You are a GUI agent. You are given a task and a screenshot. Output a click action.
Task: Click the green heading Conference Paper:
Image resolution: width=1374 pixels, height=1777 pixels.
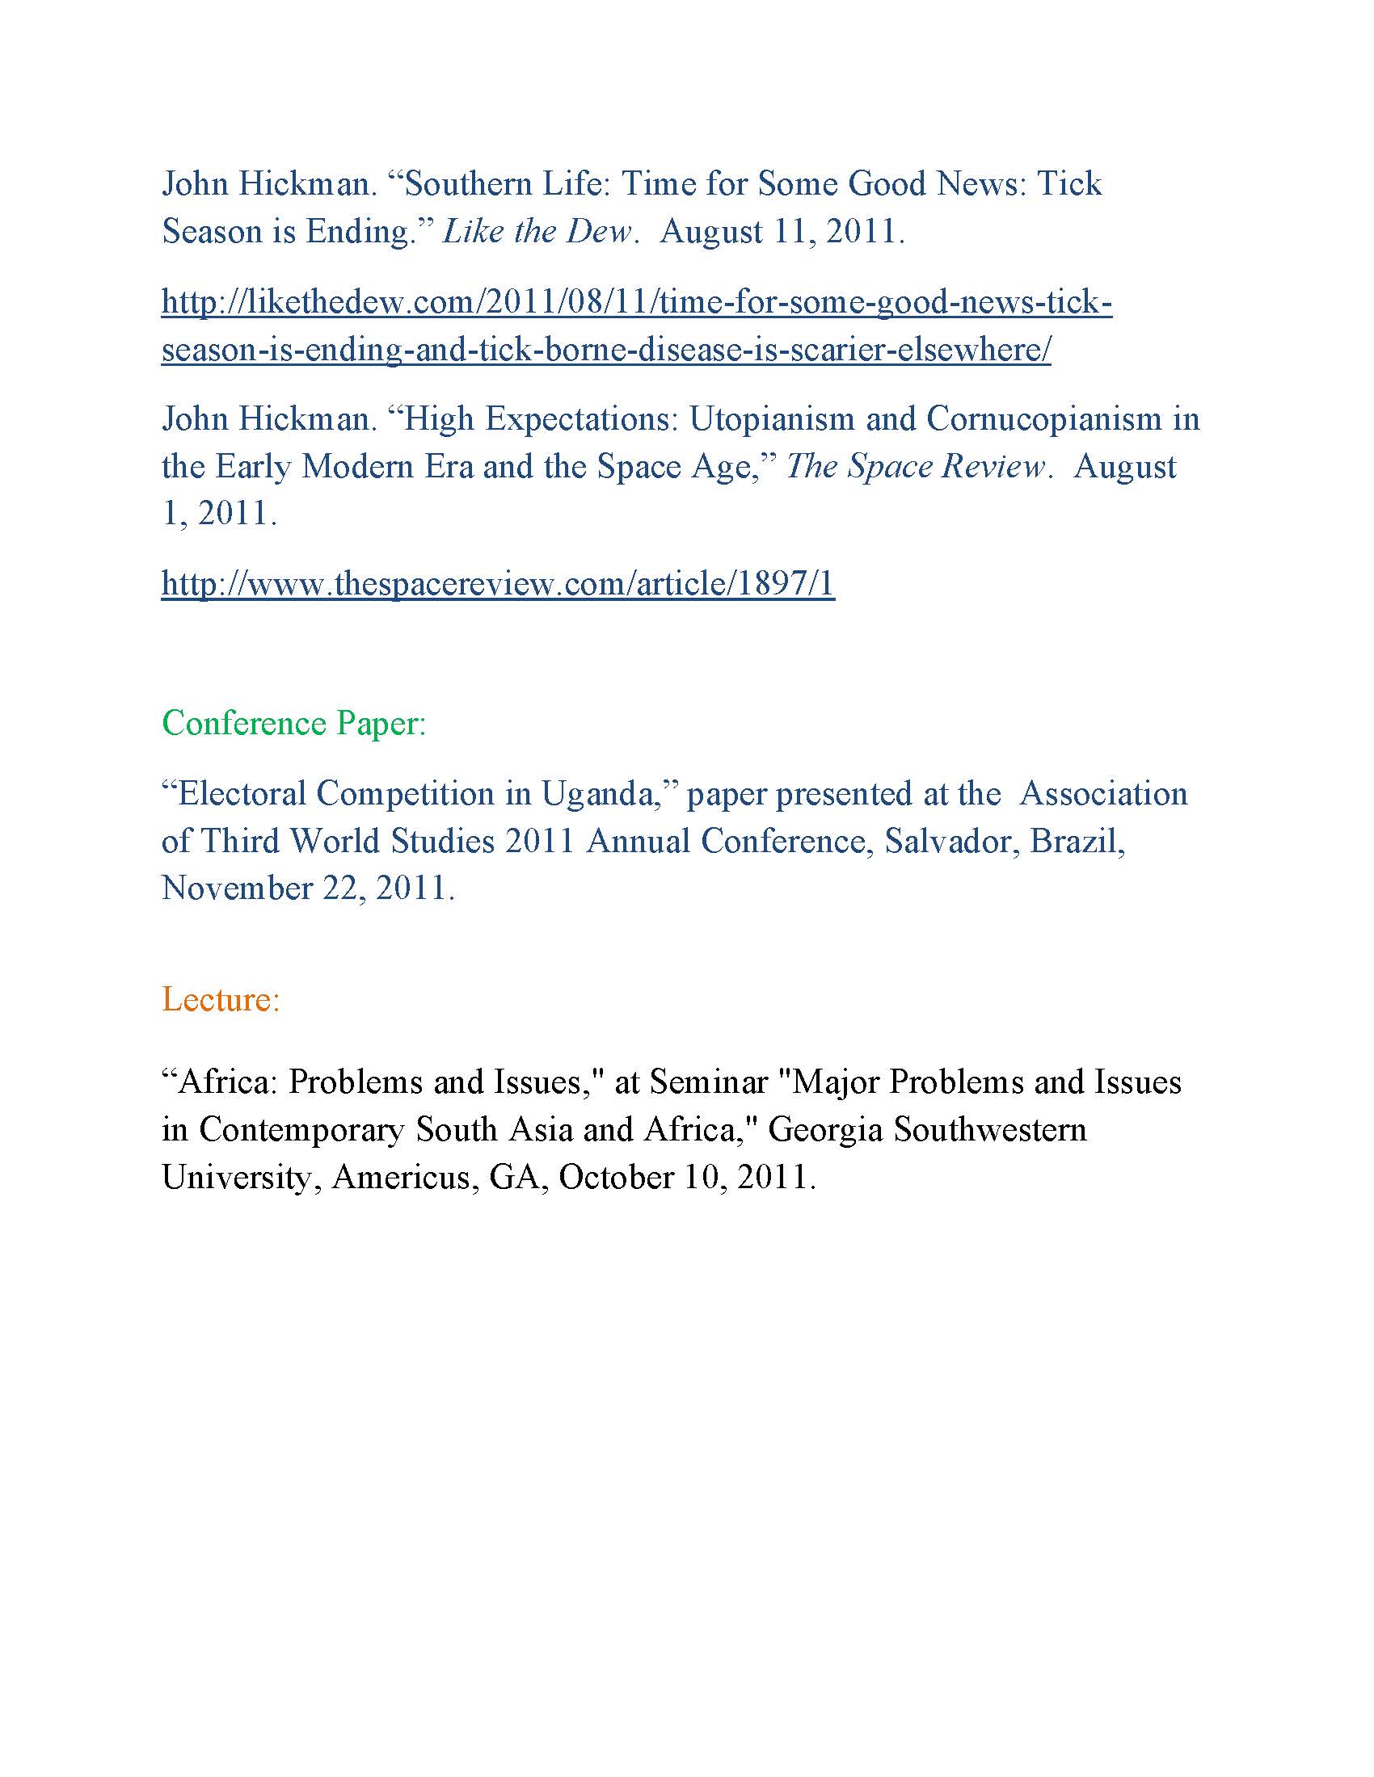pos(294,723)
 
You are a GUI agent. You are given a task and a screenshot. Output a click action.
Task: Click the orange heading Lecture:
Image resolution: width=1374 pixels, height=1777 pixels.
pos(221,999)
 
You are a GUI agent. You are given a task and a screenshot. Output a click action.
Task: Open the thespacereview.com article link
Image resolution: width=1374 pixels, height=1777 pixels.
pos(497,583)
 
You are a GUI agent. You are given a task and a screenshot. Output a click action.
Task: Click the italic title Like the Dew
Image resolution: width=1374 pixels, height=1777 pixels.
pos(537,232)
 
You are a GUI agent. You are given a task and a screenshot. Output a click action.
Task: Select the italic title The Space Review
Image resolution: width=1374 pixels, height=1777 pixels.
pos(915,466)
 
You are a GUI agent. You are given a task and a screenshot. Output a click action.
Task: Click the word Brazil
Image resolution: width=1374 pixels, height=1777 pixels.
pos(1077,841)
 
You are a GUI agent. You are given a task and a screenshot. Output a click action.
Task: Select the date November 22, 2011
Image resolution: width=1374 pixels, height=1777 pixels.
pos(307,888)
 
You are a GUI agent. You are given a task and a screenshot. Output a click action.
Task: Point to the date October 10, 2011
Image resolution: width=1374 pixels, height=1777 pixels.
pos(686,1178)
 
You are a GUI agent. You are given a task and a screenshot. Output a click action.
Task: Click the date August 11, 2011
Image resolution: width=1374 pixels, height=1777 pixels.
pos(782,232)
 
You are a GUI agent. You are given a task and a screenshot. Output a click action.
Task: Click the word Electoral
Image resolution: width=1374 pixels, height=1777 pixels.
pos(242,793)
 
